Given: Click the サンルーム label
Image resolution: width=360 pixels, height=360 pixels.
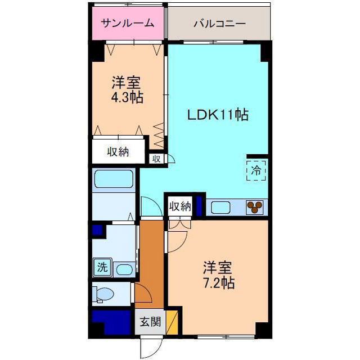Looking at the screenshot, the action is click(128, 24).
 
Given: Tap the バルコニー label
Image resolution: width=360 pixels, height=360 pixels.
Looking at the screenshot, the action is click(220, 24).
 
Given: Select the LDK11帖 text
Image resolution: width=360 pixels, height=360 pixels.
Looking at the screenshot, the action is click(218, 115).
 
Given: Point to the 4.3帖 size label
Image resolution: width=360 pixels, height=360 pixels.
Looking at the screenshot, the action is click(127, 97).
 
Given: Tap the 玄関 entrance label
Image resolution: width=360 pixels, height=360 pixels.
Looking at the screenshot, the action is click(150, 321).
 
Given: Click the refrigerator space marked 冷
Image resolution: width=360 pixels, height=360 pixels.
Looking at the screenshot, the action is click(256, 170).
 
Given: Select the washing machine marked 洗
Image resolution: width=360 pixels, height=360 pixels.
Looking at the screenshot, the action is click(102, 267).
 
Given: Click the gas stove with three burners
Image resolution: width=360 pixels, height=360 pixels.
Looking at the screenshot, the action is click(254, 206).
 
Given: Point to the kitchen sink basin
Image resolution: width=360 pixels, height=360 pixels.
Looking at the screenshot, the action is click(220, 208).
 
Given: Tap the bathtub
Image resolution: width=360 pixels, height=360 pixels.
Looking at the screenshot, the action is click(114, 179).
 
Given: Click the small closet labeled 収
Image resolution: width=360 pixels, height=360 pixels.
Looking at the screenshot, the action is click(156, 159).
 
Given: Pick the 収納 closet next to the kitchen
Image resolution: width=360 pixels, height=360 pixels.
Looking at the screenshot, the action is click(180, 206).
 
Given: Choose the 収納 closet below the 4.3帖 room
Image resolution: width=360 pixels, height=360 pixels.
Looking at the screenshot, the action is click(118, 151).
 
